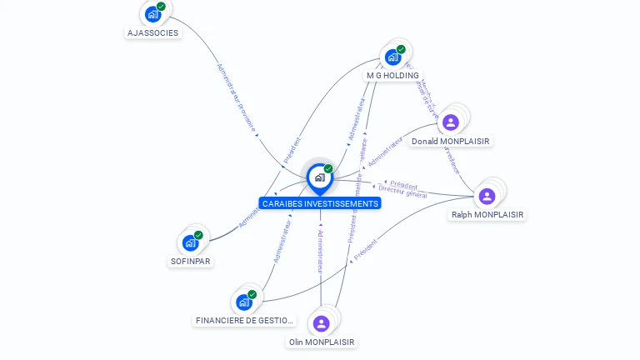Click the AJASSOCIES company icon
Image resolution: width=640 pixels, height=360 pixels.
click(x=152, y=14)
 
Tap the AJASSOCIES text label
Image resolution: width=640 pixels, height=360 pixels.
click(x=152, y=33)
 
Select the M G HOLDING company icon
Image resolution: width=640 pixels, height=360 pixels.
click(x=392, y=57)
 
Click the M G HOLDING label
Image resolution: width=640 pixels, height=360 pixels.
click(x=392, y=76)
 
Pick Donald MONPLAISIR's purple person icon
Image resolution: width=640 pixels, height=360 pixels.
click(x=451, y=122)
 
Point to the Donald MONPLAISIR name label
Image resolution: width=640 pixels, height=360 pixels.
click(x=451, y=142)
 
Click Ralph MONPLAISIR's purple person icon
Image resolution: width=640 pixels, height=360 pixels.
click(x=487, y=196)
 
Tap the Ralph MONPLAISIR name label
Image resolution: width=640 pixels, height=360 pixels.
click(x=487, y=215)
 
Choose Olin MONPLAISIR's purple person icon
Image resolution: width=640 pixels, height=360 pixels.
click(x=322, y=323)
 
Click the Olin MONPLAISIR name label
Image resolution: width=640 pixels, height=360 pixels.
click(x=322, y=342)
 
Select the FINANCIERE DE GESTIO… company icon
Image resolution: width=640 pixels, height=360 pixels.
click(x=243, y=302)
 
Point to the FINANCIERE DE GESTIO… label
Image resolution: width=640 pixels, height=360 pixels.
click(x=244, y=321)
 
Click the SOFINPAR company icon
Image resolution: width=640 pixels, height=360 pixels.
click(x=190, y=242)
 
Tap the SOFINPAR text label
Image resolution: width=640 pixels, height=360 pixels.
click(x=191, y=261)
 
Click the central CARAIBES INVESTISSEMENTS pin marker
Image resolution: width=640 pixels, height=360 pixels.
click(x=319, y=177)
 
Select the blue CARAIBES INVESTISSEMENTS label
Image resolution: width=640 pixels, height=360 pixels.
click(x=320, y=203)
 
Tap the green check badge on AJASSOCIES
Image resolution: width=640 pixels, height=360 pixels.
click(x=161, y=7)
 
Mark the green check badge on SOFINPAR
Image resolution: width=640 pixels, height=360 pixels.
click(x=198, y=235)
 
